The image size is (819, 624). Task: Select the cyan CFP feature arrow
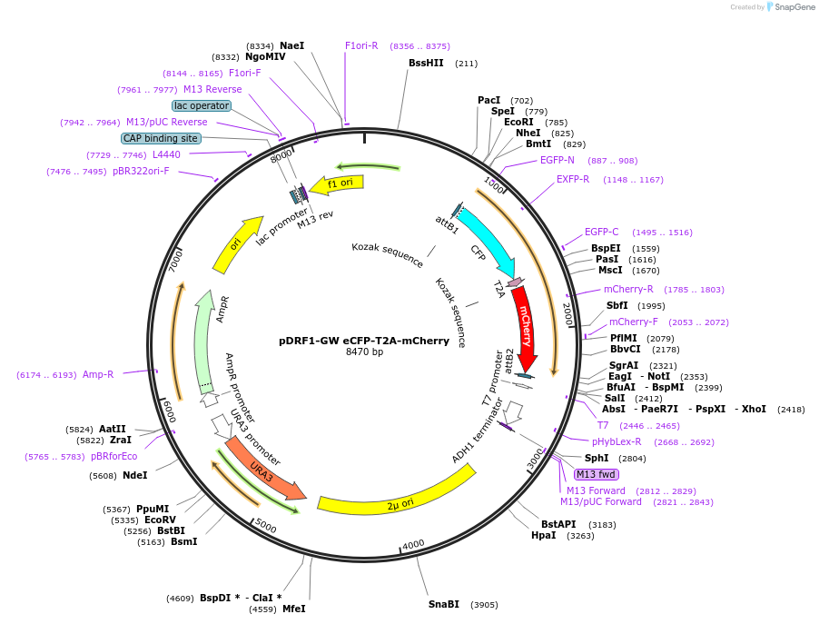(486, 239)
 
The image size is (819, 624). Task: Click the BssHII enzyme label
(425, 63)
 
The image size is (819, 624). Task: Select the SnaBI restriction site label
(444, 604)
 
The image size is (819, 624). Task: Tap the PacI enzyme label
(488, 100)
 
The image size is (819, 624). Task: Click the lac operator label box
(202, 105)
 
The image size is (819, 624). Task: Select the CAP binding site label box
(161, 138)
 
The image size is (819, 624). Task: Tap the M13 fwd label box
(596, 474)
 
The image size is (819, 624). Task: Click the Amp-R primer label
(98, 374)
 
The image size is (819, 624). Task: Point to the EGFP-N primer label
(558, 160)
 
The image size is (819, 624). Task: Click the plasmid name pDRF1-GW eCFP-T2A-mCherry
(364, 341)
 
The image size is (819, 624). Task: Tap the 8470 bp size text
(364, 352)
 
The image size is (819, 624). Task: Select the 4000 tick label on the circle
(413, 544)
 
